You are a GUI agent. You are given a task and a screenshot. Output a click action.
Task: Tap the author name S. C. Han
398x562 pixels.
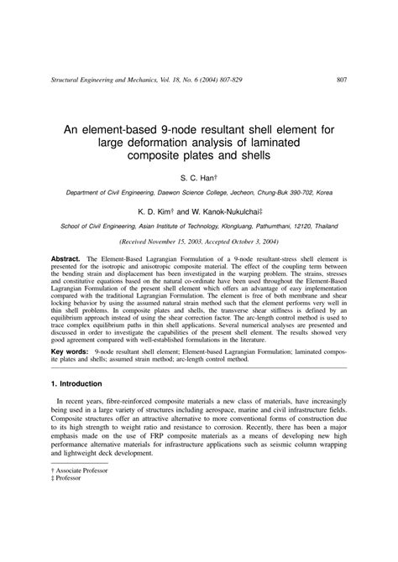pyautogui.click(x=197, y=179)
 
